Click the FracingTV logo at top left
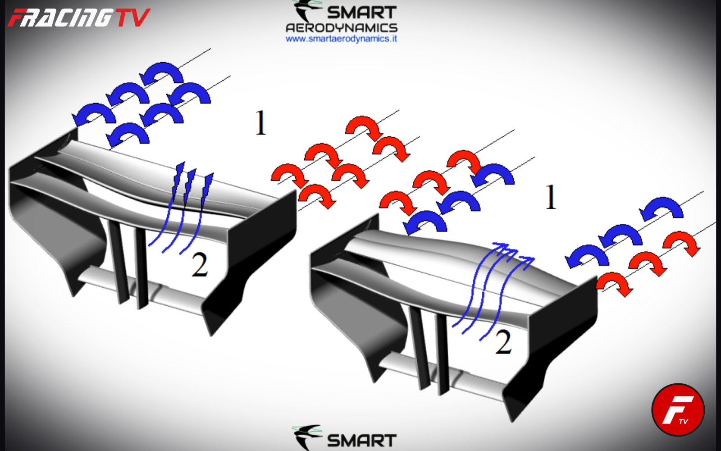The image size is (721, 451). point(79,18)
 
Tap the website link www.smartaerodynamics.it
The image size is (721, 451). point(341,39)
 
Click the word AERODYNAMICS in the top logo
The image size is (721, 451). point(342,28)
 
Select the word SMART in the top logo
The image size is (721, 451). point(361,13)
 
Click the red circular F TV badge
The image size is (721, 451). point(678,410)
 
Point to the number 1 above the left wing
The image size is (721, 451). point(260,123)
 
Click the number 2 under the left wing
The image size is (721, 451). point(200,265)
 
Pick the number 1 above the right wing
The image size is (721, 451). point(551,197)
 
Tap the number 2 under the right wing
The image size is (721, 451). point(503,342)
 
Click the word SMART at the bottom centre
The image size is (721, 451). point(361,441)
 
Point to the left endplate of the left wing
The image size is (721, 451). point(48,209)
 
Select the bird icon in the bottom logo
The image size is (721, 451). point(307,437)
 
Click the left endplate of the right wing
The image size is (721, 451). point(354,299)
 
